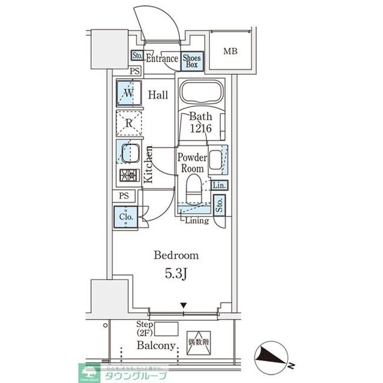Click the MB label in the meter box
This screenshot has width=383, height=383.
[x=230, y=51]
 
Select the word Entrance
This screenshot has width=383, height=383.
[x=162, y=59]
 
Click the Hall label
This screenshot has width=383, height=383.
[x=159, y=95]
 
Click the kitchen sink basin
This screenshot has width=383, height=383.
[x=130, y=153]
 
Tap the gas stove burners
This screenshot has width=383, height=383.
[x=129, y=176]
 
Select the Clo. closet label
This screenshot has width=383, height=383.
[x=127, y=217]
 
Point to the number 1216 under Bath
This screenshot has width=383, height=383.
[x=200, y=129]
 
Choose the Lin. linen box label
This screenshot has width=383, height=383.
[x=218, y=185]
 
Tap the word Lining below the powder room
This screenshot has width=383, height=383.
[x=196, y=221]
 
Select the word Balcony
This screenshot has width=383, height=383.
[x=156, y=346]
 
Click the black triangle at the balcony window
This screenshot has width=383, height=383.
[x=184, y=306]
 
